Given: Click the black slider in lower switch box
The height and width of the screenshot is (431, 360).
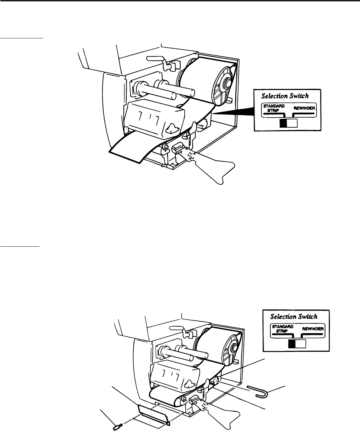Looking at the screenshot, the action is (292, 344).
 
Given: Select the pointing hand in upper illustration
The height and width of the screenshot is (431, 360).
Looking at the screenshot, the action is (212, 169).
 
